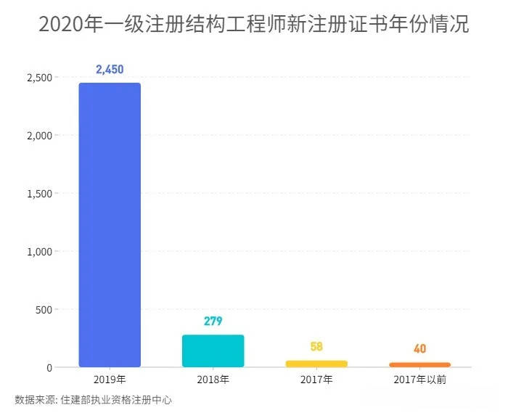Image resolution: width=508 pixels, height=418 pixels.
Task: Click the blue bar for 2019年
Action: click(x=110, y=225)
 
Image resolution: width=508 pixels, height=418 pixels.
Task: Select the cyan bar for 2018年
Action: click(x=213, y=351)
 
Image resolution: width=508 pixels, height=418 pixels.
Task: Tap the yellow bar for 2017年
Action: click(x=316, y=364)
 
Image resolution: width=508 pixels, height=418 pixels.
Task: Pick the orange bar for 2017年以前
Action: click(x=419, y=364)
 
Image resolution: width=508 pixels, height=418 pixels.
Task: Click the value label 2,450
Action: click(x=110, y=70)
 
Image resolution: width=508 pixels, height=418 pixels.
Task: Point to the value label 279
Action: click(x=213, y=321)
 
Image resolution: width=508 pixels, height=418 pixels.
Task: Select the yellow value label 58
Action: click(x=316, y=347)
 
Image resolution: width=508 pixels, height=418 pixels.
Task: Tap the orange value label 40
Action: click(x=419, y=349)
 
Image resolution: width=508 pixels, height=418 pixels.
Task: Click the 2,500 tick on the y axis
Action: click(x=38, y=78)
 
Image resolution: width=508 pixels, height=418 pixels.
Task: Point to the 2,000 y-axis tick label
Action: click(x=38, y=136)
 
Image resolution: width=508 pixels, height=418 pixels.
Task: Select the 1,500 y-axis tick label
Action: click(x=38, y=194)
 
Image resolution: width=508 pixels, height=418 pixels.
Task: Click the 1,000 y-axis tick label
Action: click(x=38, y=252)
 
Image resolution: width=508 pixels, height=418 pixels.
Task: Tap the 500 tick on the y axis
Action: click(x=43, y=310)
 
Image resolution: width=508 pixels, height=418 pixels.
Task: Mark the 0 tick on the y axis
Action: click(x=49, y=368)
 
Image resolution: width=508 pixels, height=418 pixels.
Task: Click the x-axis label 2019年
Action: click(x=110, y=380)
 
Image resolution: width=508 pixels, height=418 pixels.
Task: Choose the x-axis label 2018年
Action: click(x=213, y=380)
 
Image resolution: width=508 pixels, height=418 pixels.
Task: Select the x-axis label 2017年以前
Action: click(x=419, y=380)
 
